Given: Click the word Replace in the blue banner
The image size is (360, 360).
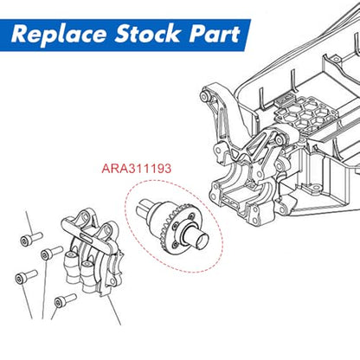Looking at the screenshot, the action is [59, 34].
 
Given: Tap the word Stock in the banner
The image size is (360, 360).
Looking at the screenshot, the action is [147, 34].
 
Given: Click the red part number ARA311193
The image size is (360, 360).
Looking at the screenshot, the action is [137, 169].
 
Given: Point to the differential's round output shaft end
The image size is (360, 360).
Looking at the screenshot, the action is [202, 241].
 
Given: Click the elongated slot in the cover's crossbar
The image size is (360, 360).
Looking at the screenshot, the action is [87, 237].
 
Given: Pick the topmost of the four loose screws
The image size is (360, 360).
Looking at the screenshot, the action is [31, 239].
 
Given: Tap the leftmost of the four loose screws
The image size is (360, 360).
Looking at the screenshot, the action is [26, 277].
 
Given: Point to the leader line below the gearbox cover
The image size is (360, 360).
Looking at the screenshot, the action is [113, 310].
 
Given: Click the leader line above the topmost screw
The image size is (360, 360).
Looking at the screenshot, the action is [29, 223].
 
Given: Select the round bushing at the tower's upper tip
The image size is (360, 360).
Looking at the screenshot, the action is [205, 96].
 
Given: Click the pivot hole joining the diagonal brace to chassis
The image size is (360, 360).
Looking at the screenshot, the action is [279, 140].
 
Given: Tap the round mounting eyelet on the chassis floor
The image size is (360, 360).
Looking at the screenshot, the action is [314, 188].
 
